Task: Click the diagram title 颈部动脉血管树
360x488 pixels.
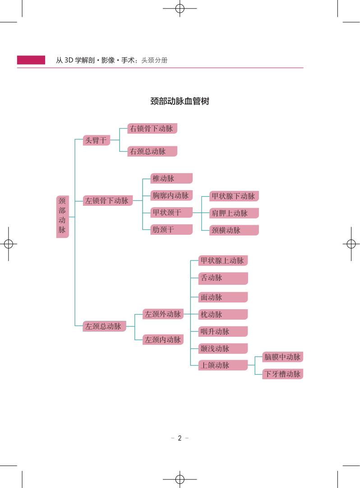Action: (179, 101)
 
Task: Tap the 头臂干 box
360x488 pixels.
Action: (97, 140)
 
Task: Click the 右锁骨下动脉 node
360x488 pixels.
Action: (152, 129)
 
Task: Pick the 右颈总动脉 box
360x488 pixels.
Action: (152, 151)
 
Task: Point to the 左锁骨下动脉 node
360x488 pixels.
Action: (107, 201)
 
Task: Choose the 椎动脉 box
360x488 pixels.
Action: (171, 178)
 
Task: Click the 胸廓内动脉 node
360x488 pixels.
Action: (171, 195)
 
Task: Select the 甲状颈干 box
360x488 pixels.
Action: (171, 212)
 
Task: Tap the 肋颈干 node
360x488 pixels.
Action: (171, 229)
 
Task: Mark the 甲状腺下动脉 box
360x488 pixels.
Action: (234, 196)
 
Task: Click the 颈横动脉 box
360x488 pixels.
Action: (234, 230)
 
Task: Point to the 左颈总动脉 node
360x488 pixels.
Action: (104, 326)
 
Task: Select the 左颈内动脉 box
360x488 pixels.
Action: (163, 340)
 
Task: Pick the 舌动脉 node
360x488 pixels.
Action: (223, 278)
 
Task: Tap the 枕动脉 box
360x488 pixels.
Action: (223, 315)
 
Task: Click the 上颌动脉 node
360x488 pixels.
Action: (223, 365)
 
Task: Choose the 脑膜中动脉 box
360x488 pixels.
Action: (282, 357)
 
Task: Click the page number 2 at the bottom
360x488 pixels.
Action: (180, 438)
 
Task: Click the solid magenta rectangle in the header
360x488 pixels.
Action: (31, 60)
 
